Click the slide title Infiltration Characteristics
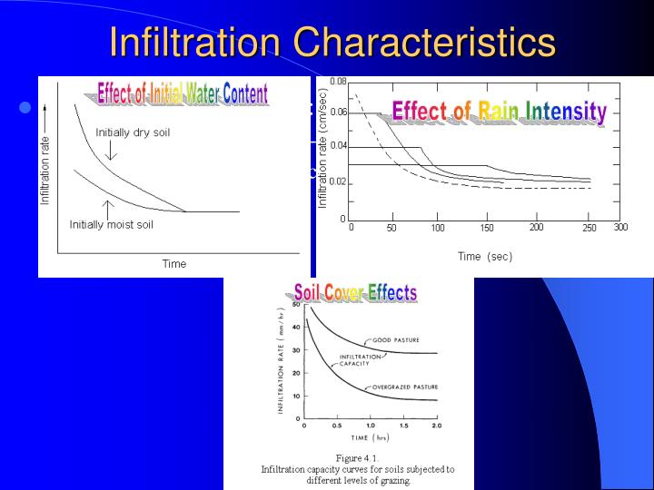click(x=332, y=42)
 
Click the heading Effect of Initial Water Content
click(x=183, y=93)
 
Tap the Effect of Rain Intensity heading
click(x=499, y=112)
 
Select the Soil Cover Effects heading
click(x=355, y=292)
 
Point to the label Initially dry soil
click(x=133, y=132)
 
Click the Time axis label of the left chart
click(x=173, y=264)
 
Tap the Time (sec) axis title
click(x=484, y=256)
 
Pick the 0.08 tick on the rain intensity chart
click(x=337, y=82)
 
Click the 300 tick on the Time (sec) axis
click(x=620, y=227)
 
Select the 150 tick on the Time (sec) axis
click(x=487, y=228)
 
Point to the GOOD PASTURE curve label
click(x=396, y=339)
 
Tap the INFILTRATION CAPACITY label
click(x=361, y=360)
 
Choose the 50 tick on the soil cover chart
click(x=296, y=307)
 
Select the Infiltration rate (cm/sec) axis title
click(x=322, y=150)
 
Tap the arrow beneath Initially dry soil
click(x=109, y=152)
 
